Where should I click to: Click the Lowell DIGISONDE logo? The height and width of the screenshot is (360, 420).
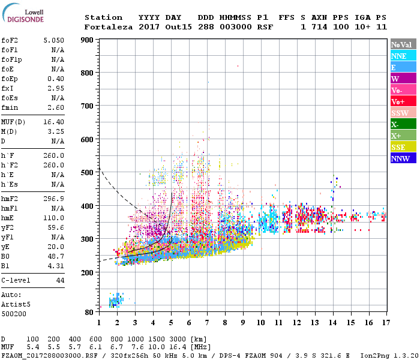pos(25,16)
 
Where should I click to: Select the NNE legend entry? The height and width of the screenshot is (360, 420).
pos(403,56)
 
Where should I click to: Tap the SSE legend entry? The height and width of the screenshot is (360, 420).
pos(403,147)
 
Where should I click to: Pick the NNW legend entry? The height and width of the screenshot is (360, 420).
pos(403,158)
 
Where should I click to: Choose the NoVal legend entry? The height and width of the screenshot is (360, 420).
pos(403,44)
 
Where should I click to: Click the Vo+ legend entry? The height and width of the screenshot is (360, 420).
pos(403,101)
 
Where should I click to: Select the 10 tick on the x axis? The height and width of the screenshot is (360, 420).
pos(260,323)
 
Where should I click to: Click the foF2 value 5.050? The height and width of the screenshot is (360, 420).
pos(53,41)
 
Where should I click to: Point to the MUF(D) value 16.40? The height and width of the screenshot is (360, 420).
pos(53,122)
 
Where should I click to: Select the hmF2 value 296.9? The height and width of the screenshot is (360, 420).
pos(53,199)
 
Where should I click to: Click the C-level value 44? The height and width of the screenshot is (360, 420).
pos(60,281)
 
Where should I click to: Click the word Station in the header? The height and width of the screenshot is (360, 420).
pos(103,17)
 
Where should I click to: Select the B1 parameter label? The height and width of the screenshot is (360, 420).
pos(5,265)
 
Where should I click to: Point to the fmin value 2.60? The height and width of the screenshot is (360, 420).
pos(55,108)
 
